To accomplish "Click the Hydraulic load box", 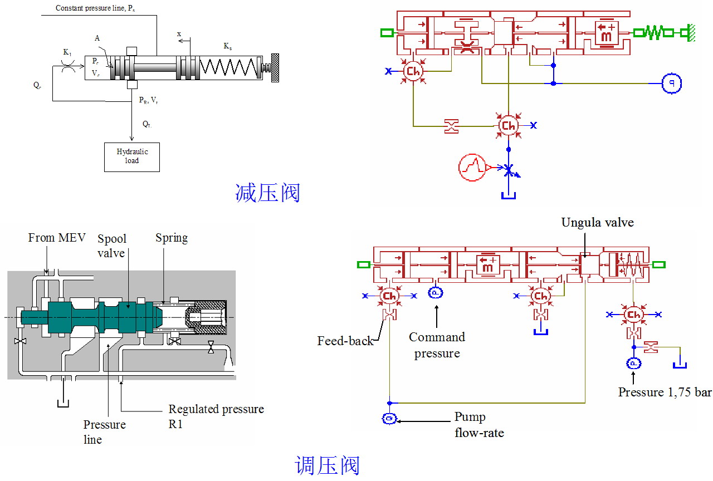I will pyautogui.click(x=132, y=156).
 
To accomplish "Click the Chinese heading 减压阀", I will pyautogui.click(x=267, y=193).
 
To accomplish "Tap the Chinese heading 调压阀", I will pyautogui.click(x=327, y=465).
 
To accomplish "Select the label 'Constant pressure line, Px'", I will pyautogui.click(x=95, y=8).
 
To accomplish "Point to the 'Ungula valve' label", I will pyautogui.click(x=597, y=223).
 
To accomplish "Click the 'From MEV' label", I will pyautogui.click(x=57, y=238).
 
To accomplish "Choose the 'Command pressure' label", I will pyautogui.click(x=437, y=345).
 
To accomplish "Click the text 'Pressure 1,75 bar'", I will pyautogui.click(x=665, y=392).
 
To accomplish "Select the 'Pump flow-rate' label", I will pyautogui.click(x=478, y=425).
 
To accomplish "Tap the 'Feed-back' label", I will pyautogui.click(x=345, y=341).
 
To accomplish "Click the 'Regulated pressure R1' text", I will pyautogui.click(x=216, y=416).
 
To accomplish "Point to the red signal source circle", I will pyautogui.click(x=472, y=167).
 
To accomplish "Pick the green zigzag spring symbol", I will pyautogui.click(x=653, y=33).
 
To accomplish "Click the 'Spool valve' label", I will pyautogui.click(x=112, y=246).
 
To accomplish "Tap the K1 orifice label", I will pyautogui.click(x=67, y=53).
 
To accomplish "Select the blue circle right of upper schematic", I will pyautogui.click(x=671, y=84).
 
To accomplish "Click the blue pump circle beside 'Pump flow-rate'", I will pyautogui.click(x=389, y=419).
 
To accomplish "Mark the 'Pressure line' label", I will pyautogui.click(x=104, y=432).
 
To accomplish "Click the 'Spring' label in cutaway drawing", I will pyautogui.click(x=171, y=238).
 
